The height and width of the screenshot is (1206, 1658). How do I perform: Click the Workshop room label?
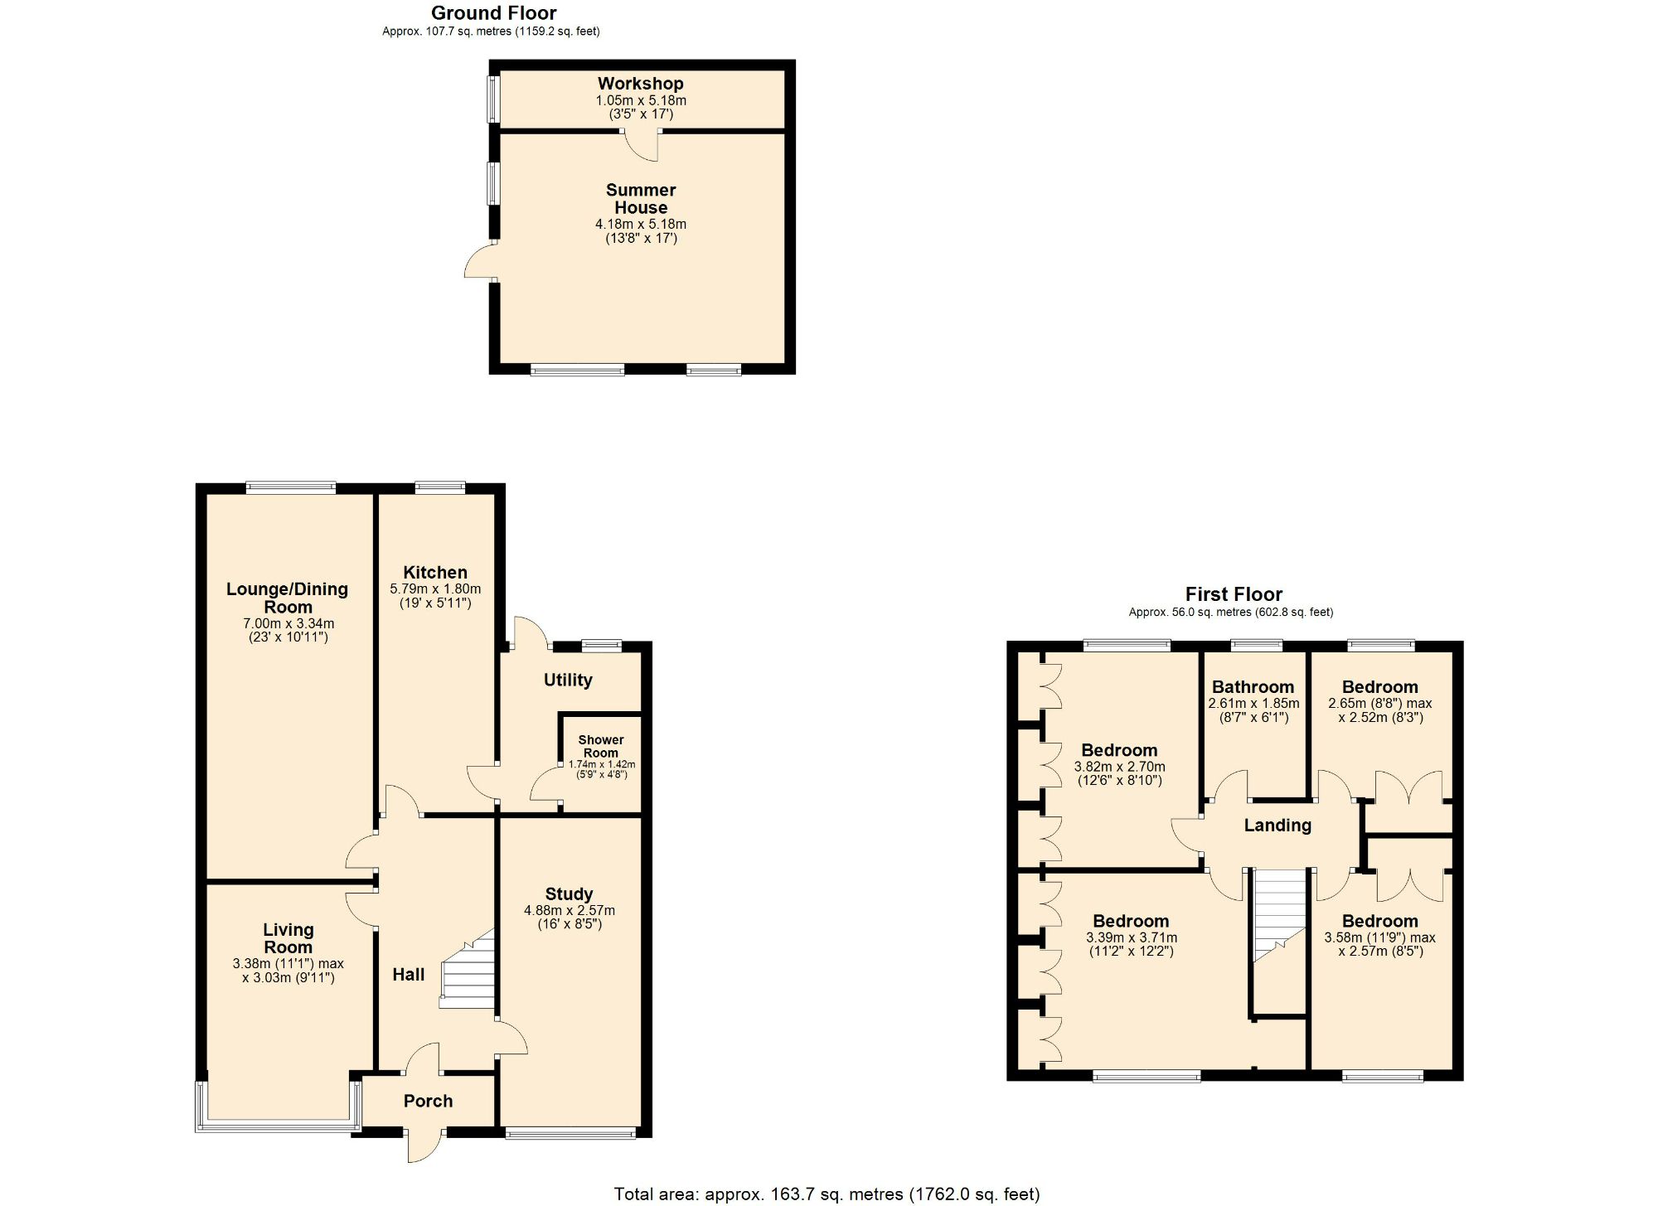(640, 84)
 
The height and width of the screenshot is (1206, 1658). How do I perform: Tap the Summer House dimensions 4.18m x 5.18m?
(640, 224)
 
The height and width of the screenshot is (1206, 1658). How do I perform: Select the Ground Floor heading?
(493, 13)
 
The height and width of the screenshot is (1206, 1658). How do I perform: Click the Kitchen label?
(435, 572)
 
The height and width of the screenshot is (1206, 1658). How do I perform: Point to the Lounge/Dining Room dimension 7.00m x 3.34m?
(288, 623)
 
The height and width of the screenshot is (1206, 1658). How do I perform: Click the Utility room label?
(568, 680)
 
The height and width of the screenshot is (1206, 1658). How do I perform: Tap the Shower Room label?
(601, 746)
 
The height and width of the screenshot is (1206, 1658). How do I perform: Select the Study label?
(569, 894)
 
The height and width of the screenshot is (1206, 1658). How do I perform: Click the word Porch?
(428, 1101)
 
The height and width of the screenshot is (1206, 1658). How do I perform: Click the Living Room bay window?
(278, 1126)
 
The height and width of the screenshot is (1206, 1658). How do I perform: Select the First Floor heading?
(1234, 594)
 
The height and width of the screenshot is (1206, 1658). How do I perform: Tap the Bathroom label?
(1253, 686)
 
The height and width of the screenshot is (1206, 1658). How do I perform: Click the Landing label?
(1277, 825)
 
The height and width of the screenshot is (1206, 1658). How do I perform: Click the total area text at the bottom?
(827, 1194)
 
